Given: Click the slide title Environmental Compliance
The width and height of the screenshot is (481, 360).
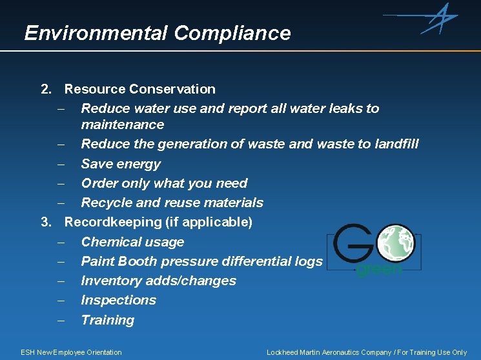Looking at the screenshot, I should pos(157,33).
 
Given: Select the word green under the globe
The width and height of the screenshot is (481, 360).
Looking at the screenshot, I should pos(379,269).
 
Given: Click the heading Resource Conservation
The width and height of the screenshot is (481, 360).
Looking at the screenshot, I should pos(139,89).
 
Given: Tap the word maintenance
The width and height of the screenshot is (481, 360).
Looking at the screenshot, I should pos(123,124).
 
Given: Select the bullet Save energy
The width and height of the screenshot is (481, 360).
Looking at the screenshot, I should pos(121,164).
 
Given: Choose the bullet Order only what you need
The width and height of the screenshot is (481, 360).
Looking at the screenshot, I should pos(164,183).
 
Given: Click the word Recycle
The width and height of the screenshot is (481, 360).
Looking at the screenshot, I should pos(107,203).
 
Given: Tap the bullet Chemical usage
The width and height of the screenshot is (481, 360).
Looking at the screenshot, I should pos(132,242).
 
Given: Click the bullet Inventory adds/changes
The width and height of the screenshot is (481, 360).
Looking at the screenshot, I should pos(158,281).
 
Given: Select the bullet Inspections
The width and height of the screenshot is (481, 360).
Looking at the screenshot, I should pos(118,300).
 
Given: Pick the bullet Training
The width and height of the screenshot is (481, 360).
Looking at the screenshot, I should pos(107,320).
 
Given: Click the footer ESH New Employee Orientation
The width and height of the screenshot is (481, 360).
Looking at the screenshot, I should pos(71,352).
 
